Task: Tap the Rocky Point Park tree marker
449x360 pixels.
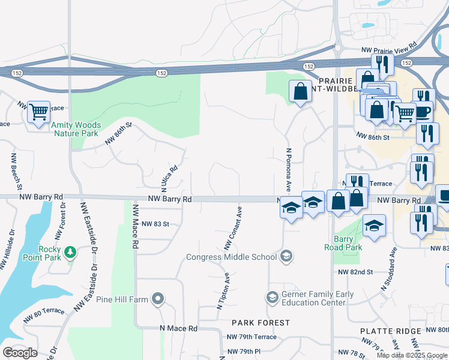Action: tap(70, 251)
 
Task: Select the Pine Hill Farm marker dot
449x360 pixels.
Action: tap(158, 298)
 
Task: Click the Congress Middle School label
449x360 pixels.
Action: tap(231, 257)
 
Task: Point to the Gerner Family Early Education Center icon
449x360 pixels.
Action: tap(272, 298)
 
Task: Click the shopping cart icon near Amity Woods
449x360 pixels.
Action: tap(38, 111)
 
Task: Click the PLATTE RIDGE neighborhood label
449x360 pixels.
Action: tap(388, 331)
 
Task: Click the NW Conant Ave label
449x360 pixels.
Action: tap(233, 229)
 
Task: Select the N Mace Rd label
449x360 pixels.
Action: tap(178, 329)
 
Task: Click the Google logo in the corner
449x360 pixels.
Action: tap(20, 353)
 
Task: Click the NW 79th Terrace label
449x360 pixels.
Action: tap(252, 337)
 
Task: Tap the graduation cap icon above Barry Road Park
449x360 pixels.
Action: tap(374, 226)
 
